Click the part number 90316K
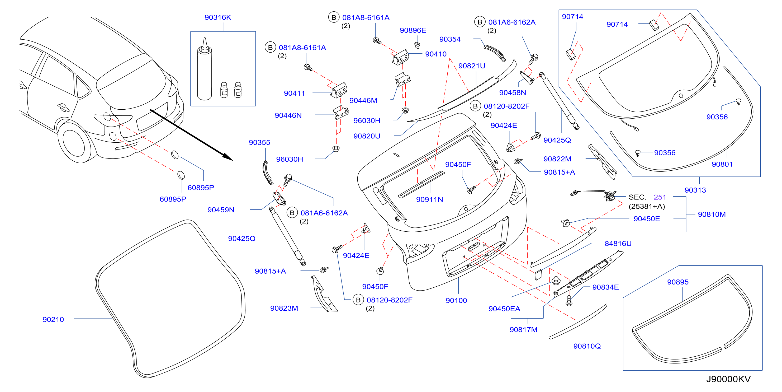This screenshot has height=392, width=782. click(218, 17)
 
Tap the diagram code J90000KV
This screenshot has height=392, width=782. click(728, 379)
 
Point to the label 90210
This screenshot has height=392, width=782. click(53, 319)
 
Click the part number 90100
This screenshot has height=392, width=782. click(456, 300)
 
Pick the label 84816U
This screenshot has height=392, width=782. click(618, 243)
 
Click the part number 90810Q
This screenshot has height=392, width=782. click(587, 346)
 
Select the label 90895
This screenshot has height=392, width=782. click(677, 282)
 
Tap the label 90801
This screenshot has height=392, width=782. click(722, 164)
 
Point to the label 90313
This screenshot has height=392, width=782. click(695, 190)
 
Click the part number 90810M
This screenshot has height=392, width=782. click(712, 214)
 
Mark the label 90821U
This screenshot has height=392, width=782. click(471, 66)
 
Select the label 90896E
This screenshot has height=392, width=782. click(413, 30)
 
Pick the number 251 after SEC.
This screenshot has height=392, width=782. click(660, 197)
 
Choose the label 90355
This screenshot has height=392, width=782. click(259, 142)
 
